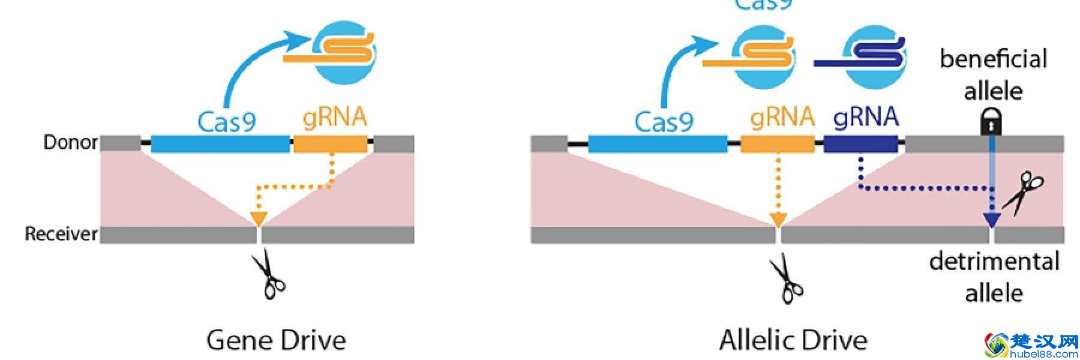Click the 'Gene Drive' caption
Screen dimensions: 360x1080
point(276,340)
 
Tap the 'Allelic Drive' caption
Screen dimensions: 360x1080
point(793,340)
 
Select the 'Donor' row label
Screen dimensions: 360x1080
point(70,142)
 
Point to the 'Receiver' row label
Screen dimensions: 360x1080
point(61,233)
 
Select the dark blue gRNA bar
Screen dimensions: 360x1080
point(861,144)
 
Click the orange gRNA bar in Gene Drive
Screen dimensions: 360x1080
point(330,144)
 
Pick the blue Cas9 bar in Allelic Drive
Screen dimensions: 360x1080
point(658,144)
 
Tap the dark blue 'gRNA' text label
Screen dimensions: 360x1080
point(866,116)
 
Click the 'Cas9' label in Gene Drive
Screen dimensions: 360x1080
point(227,122)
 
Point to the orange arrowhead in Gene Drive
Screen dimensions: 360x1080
point(258,219)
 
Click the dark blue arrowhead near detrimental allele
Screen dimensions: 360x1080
point(991,220)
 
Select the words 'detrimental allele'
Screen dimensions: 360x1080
point(994,277)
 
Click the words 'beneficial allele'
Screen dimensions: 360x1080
point(993,74)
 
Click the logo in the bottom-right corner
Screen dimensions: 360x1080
point(1031,345)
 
